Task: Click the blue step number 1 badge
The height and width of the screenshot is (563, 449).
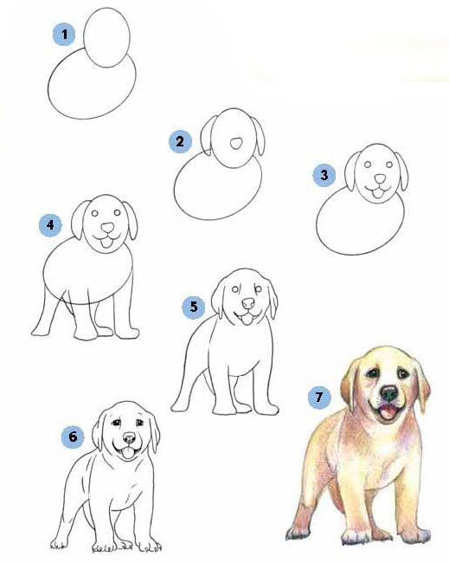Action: click(x=64, y=35)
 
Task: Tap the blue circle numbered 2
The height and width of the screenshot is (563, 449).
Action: click(x=180, y=141)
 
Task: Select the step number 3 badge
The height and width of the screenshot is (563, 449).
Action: click(x=324, y=175)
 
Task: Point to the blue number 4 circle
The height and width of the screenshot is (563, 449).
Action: click(x=50, y=225)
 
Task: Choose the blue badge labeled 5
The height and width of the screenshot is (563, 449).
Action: click(x=194, y=307)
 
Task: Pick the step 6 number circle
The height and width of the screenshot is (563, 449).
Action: click(x=73, y=437)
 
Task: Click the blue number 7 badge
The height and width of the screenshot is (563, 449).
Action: click(x=319, y=397)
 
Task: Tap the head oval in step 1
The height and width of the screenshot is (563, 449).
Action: click(x=106, y=38)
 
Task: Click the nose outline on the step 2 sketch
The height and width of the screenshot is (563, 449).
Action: click(x=235, y=144)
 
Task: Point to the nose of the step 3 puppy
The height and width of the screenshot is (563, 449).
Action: click(x=380, y=178)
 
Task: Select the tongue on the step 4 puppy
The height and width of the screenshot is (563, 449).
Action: click(x=106, y=243)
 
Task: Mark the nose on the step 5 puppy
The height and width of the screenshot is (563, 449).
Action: click(x=248, y=304)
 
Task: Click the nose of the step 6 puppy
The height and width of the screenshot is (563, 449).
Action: click(x=129, y=437)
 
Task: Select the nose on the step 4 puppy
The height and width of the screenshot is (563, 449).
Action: click(x=107, y=228)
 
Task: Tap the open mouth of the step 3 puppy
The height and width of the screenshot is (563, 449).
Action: click(x=377, y=193)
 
